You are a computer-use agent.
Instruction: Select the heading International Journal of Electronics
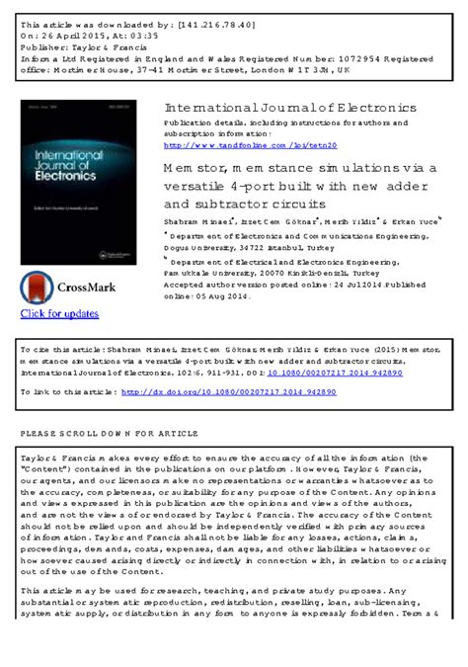pos(290,107)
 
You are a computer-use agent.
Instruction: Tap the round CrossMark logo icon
pos(37,288)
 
